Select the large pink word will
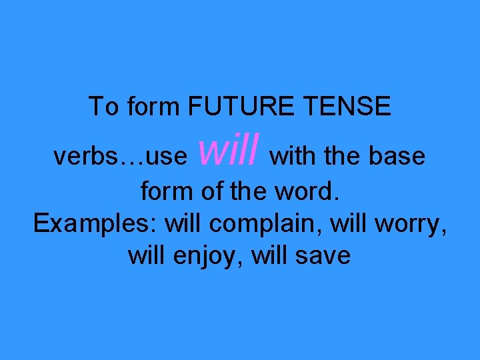229,150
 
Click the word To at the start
103,107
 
